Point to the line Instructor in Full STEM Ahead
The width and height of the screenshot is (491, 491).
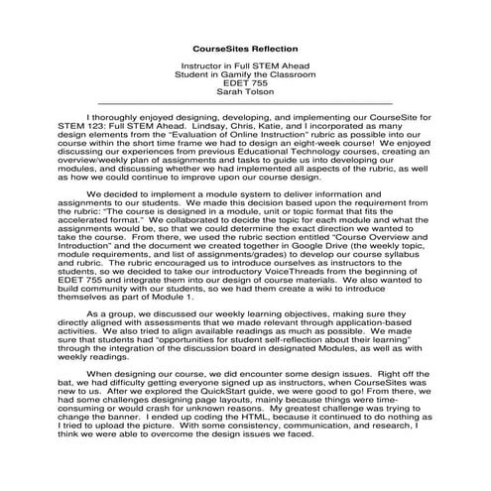click(244, 64)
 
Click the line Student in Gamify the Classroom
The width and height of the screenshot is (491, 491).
click(244, 74)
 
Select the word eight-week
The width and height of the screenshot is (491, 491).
click(349, 145)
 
